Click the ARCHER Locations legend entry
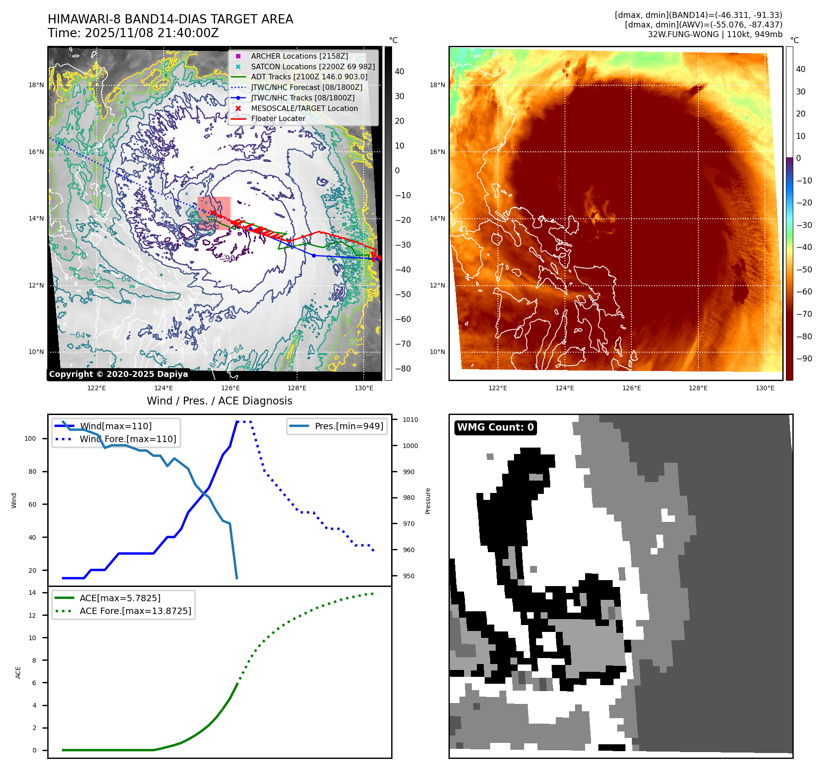[x=299, y=56]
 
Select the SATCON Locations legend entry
[x=313, y=66]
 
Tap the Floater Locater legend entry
[x=278, y=118]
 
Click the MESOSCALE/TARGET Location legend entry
[x=304, y=108]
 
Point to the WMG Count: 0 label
[x=495, y=427]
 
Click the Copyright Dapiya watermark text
[x=118, y=374]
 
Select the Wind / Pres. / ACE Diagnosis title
[x=219, y=401]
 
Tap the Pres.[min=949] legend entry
[x=348, y=426]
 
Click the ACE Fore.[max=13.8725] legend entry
[x=135, y=611]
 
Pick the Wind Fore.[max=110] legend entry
[x=127, y=439]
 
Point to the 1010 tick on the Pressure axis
[x=410, y=420]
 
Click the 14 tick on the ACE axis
[x=32, y=592]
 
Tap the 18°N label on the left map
[x=36, y=85]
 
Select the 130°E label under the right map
[x=765, y=388]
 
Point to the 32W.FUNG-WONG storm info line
[x=715, y=34]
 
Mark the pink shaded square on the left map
[x=214, y=213]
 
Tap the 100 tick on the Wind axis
[x=30, y=438]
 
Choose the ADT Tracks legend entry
[x=309, y=77]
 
